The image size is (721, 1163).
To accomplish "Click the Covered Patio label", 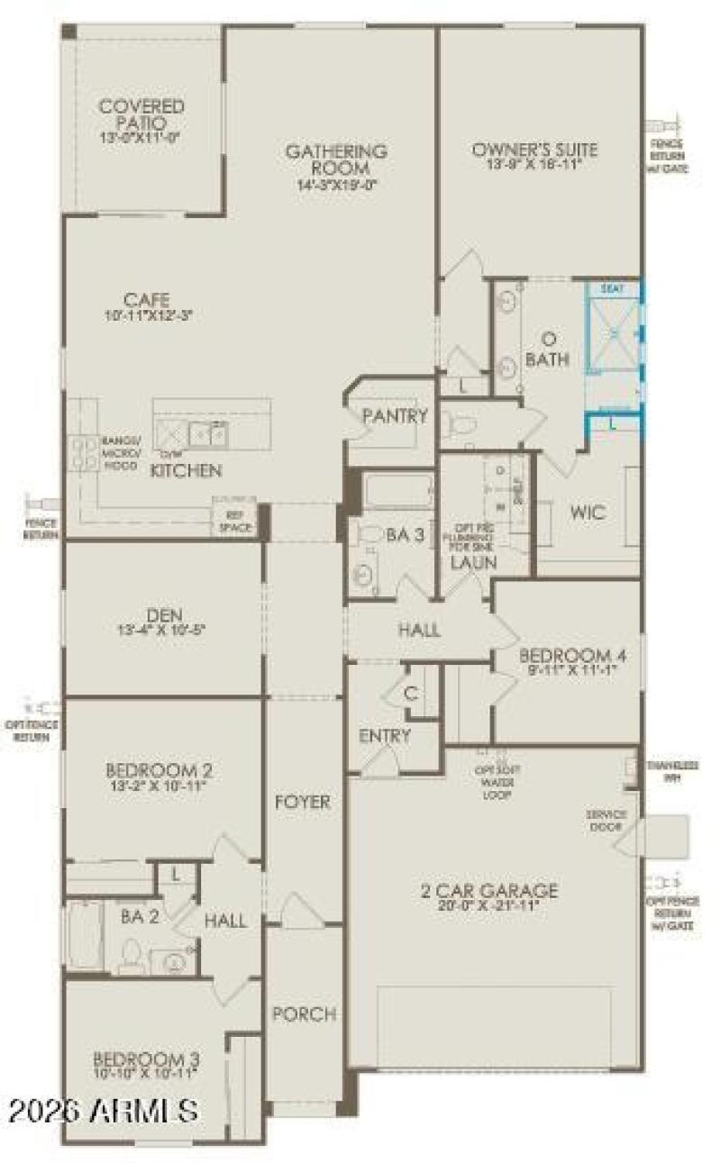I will tap(142, 114).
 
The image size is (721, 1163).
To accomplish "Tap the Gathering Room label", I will tap(336, 159).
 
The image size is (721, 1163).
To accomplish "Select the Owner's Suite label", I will tap(534, 150).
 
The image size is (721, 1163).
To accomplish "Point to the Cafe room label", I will tap(148, 300).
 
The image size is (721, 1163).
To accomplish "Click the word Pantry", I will tap(394, 416).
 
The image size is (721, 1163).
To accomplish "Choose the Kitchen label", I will tap(186, 470).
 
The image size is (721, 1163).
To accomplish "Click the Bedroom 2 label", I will tap(160, 771).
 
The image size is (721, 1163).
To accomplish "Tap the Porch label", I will tap(305, 1014).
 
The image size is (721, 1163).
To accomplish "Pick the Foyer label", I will tap(303, 802).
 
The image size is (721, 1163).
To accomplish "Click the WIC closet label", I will tap(587, 512).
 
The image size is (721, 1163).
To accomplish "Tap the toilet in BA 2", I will tap(132, 953).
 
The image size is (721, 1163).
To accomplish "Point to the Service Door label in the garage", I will tap(606, 820).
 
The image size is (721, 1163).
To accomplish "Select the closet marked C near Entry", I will tap(411, 695).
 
